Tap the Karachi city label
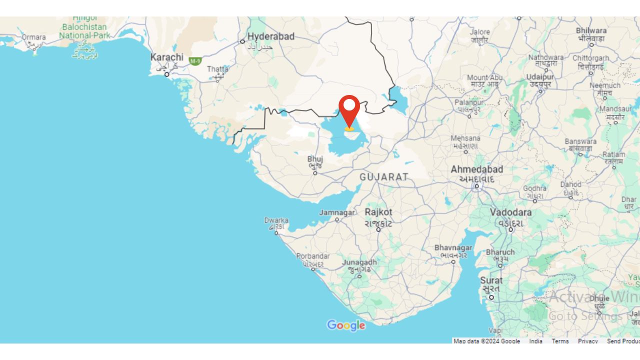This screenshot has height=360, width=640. tap(167, 57)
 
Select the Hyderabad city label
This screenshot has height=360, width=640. tap(271, 36)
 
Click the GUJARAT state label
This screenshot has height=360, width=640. tap(384, 177)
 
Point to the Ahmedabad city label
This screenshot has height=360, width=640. tap(476, 169)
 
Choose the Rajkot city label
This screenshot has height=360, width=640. tap(378, 212)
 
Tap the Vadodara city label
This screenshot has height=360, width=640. tap(510, 212)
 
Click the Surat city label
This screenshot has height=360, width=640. tap(491, 280)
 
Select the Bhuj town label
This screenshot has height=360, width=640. tap(315, 159)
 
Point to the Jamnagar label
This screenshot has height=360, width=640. tap(337, 212)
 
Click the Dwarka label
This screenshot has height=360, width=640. tap(276, 220)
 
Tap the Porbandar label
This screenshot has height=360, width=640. tap(313, 256)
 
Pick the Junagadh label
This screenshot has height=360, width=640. tap(359, 262)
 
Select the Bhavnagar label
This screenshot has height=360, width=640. tap(453, 248)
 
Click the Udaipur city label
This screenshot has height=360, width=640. tap(540, 77)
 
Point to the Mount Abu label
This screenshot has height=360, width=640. tap(484, 77)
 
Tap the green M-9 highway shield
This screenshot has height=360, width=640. tap(195, 61)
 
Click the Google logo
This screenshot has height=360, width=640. tap(346, 325)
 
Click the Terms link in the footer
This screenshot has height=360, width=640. tap(560, 341)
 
